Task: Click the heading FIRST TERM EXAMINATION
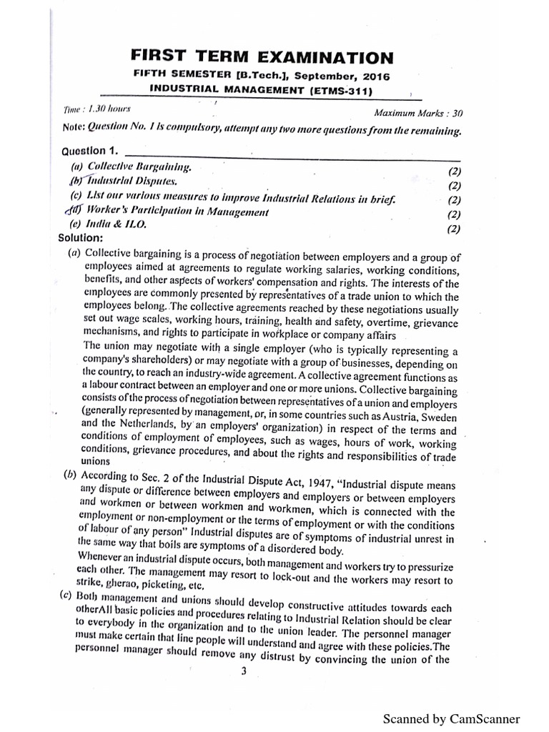click(262, 56)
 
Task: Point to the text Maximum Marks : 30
click(418, 112)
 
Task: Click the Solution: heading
click(82, 237)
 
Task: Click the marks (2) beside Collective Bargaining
click(454, 172)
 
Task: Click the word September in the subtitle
click(321, 76)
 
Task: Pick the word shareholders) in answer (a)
click(158, 360)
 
